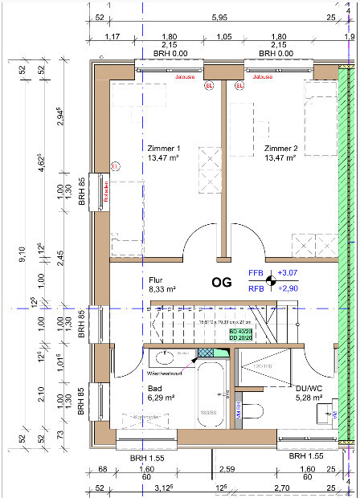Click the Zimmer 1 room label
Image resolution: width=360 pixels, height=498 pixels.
click(x=164, y=149)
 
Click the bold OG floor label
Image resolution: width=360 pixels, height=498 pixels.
click(x=222, y=282)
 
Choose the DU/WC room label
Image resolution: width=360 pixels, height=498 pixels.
click(x=309, y=387)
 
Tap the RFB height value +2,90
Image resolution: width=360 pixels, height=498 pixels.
click(x=287, y=288)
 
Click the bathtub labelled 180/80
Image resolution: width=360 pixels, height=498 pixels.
click(x=209, y=402)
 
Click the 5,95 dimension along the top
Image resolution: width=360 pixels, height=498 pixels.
click(x=217, y=17)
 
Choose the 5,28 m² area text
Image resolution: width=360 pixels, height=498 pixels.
click(x=309, y=397)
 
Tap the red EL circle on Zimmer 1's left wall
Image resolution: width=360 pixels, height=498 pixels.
click(x=115, y=166)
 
